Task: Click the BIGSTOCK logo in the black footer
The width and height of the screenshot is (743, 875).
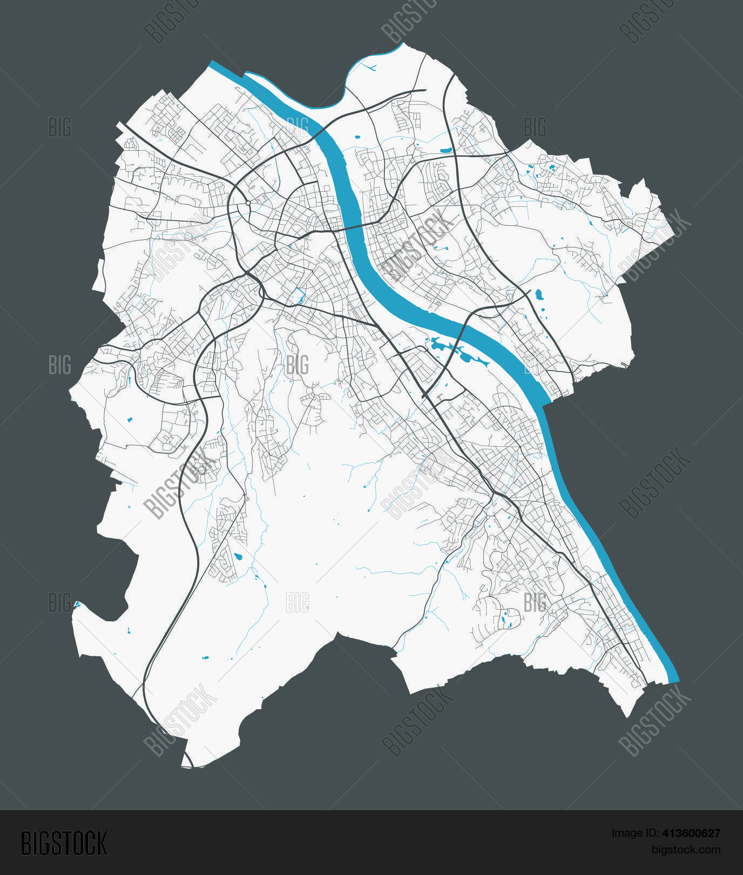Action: pyautogui.click(x=64, y=843)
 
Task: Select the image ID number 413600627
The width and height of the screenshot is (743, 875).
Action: pyautogui.click(x=691, y=833)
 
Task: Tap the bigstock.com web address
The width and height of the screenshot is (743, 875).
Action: pyautogui.click(x=686, y=850)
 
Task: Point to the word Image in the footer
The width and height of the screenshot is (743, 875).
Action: pyautogui.click(x=626, y=833)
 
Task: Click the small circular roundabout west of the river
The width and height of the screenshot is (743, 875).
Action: pyautogui.click(x=247, y=204)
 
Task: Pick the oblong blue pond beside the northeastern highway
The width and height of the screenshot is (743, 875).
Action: pyautogui.click(x=446, y=150)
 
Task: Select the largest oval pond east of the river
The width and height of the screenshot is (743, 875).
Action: pyautogui.click(x=538, y=294)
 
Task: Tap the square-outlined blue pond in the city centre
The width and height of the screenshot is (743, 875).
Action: pyautogui.click(x=296, y=295)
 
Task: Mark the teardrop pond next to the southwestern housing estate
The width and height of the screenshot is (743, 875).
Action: pyautogui.click(x=238, y=557)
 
